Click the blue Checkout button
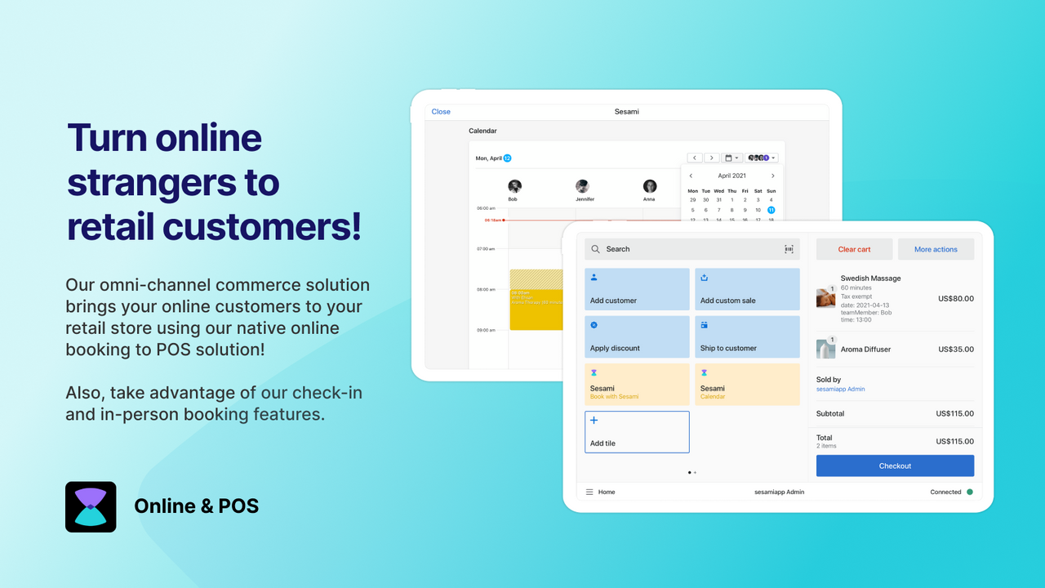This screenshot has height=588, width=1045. pos(895,465)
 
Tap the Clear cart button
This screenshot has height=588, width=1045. pos(854,249)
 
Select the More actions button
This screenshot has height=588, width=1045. pos(936,249)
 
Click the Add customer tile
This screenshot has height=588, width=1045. pos(637,289)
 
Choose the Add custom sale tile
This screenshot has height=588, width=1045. pos(747,289)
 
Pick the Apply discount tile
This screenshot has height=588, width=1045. pos(637,336)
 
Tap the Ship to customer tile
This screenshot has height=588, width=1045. pos(747,336)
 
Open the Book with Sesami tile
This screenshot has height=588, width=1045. pos(637,385)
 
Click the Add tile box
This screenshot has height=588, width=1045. pos(637,431)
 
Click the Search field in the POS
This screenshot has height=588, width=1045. pos(690,249)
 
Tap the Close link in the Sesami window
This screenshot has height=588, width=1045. pos(441,112)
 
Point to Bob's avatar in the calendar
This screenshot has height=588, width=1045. pos(514,186)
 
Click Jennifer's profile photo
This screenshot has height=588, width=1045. pos(582,186)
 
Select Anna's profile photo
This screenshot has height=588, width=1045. pos(650,186)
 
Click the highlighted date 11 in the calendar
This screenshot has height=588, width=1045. pos(771,210)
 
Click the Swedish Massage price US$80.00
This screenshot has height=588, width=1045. pos(955,299)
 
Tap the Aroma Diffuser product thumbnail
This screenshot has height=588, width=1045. pos(825,349)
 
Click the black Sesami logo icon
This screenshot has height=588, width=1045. pos(91,507)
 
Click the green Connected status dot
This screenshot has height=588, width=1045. pos(970,492)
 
